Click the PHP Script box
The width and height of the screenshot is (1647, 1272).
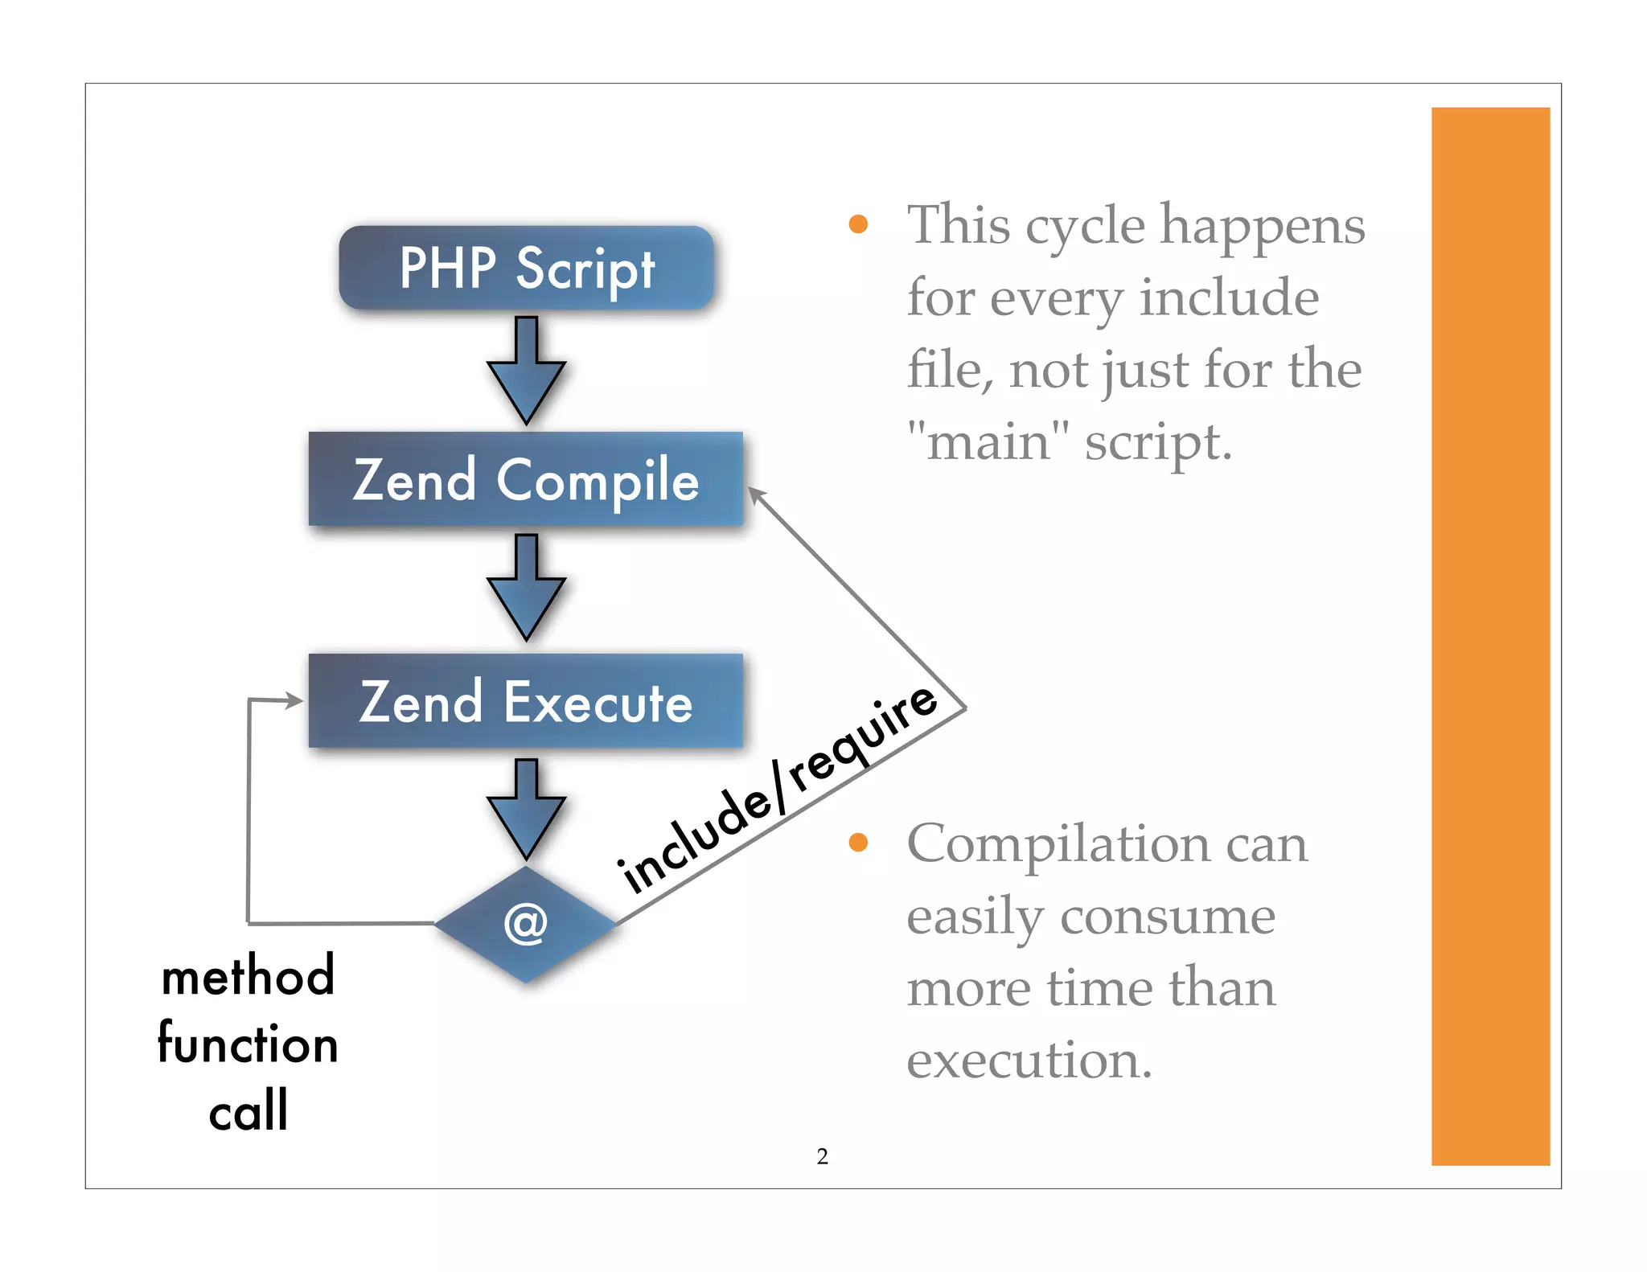coord(527,268)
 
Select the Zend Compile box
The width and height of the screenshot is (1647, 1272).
coord(526,479)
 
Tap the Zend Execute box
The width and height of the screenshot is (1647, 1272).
coord(526,701)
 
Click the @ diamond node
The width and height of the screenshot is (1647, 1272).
coord(526,924)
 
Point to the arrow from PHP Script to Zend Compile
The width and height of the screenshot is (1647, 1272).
coord(526,371)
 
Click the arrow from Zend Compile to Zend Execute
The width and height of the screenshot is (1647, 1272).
coord(526,588)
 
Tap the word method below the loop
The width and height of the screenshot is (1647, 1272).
coord(248,975)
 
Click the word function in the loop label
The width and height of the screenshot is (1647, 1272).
coord(248,1043)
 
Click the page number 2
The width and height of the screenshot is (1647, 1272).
coord(822,1156)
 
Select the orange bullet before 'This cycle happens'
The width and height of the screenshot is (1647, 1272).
coord(858,224)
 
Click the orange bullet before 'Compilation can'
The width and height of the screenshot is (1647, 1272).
coord(858,843)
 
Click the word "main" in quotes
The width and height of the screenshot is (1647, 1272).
coord(988,441)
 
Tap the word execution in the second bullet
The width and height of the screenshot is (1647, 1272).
coord(1029,1060)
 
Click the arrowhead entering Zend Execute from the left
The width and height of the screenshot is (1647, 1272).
coord(293,701)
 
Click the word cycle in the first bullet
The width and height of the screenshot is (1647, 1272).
coord(1085,226)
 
